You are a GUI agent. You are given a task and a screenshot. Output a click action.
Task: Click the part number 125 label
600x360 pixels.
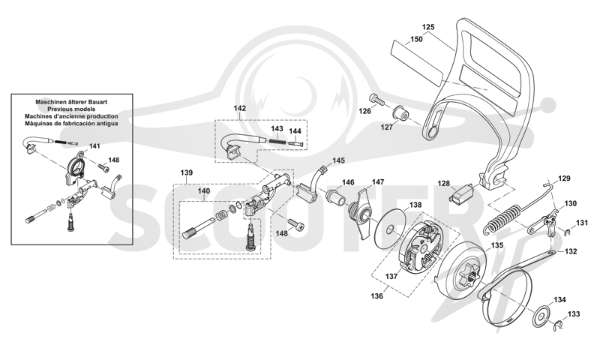[x=428, y=27]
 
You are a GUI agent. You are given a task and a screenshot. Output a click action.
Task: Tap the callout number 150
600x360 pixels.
[x=416, y=39]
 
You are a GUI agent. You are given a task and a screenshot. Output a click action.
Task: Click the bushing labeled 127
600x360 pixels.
[x=400, y=112]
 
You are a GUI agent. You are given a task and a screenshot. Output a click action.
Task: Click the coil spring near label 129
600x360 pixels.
[x=502, y=219]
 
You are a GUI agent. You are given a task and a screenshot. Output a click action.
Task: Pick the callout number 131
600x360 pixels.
[x=583, y=223]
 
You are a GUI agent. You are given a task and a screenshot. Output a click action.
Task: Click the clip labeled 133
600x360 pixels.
[x=559, y=325]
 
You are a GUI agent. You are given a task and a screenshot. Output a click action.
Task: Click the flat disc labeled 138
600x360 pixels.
[x=390, y=230]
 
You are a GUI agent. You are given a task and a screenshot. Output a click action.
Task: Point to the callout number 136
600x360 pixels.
[x=377, y=296]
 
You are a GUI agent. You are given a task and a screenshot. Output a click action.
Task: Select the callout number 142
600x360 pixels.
[x=239, y=108]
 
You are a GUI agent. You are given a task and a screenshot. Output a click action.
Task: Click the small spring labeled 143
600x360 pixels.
[x=278, y=140]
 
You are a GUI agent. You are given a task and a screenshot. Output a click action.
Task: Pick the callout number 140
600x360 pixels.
[x=203, y=190]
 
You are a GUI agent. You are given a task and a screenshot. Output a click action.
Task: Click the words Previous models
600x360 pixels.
[x=71, y=109]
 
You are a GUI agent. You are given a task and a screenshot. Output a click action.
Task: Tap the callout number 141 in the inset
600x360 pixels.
[x=94, y=146]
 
